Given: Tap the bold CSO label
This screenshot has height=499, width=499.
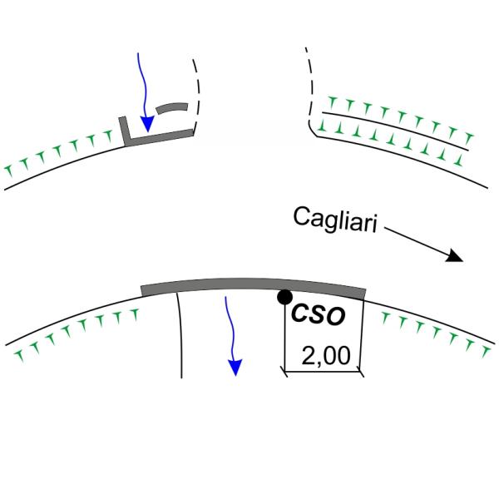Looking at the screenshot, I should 315,316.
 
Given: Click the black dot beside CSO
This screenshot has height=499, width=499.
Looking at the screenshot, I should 284,297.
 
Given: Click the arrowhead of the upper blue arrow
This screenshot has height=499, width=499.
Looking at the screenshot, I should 147,125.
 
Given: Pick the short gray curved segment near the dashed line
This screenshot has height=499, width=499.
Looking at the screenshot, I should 173,108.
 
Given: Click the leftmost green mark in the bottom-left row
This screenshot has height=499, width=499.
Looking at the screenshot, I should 18,355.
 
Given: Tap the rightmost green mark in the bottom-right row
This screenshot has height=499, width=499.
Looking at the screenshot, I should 483,353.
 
